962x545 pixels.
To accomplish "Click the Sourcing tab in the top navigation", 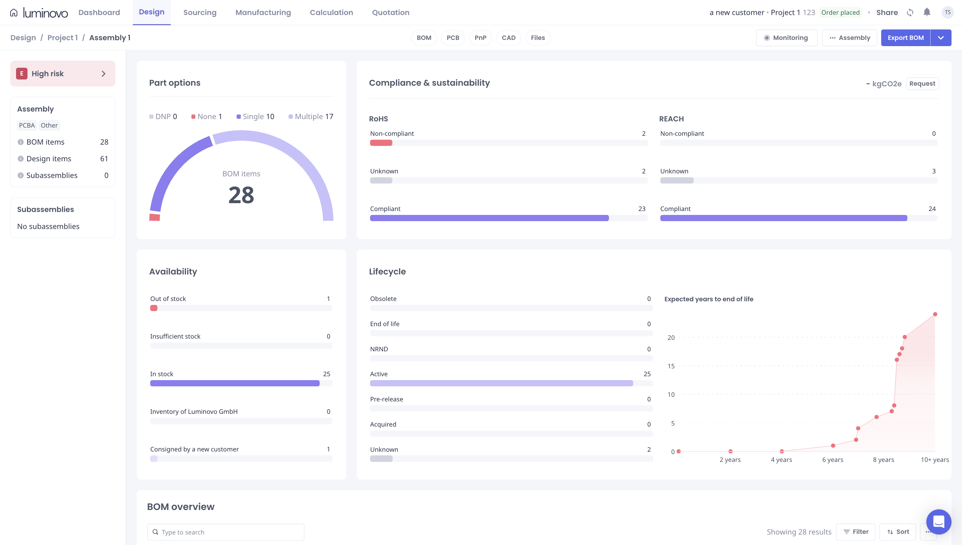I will (x=200, y=12).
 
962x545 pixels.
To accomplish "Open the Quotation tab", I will (x=390, y=12).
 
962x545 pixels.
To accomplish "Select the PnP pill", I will (x=480, y=38).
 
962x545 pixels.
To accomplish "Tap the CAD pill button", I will (x=508, y=38).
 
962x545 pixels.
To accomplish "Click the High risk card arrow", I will (x=104, y=74).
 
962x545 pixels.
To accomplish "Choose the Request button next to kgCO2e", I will (x=922, y=83).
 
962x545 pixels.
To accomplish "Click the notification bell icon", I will (x=927, y=12).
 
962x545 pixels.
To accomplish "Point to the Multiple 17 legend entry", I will (x=311, y=116).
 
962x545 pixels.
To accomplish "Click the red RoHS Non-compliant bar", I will (x=381, y=143).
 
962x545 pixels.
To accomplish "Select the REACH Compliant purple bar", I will (x=783, y=218).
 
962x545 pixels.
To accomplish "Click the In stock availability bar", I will (x=235, y=383).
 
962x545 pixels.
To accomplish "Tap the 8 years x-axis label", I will (x=883, y=460).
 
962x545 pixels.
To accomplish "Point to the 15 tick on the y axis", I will (x=671, y=366).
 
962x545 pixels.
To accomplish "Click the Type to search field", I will (x=225, y=532).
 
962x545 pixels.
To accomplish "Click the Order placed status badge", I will (x=840, y=12).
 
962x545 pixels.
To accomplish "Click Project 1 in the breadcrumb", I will (x=62, y=38).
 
